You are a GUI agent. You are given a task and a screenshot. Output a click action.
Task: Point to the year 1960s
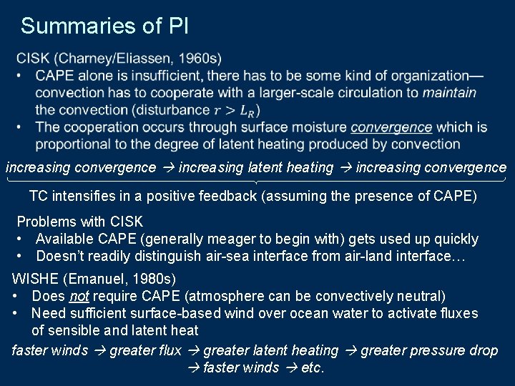[x=200, y=58]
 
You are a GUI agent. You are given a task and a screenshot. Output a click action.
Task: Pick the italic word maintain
[x=449, y=92]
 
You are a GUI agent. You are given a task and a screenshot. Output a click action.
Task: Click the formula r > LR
[x=237, y=110]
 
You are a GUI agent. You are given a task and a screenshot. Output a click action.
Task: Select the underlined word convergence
[x=391, y=127]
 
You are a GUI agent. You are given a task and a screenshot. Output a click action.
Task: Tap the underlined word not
[x=78, y=295]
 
